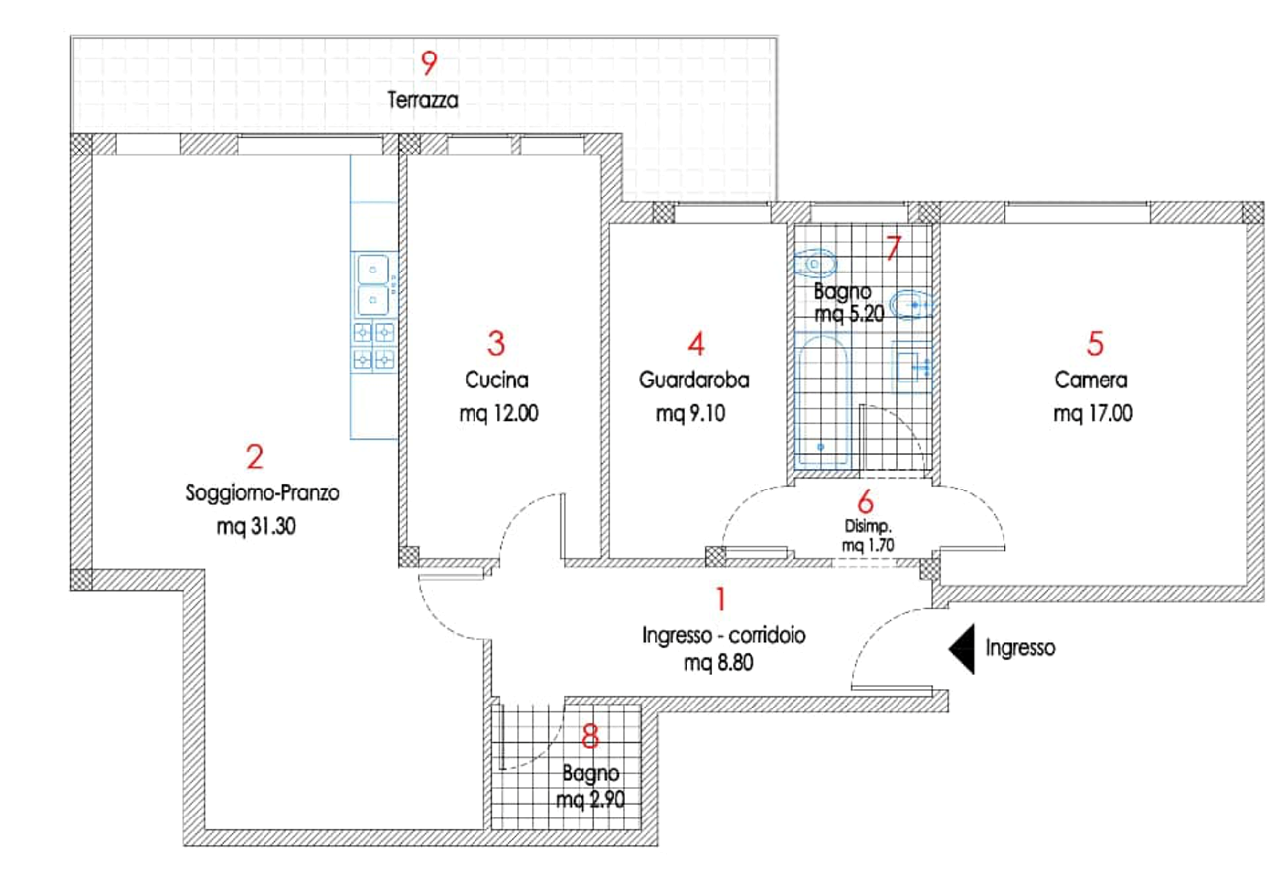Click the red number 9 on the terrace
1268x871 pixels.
tap(429, 62)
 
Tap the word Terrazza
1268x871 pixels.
tap(423, 100)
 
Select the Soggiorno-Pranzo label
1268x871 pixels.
tap(263, 492)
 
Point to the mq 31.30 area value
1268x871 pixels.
tap(257, 527)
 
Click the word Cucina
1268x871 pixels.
tap(496, 380)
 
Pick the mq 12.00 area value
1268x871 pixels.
tap(498, 413)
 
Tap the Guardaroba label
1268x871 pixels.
tap(694, 380)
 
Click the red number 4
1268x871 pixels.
tap(696, 343)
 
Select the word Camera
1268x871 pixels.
tap(1091, 380)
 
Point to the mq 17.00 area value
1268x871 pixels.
tap(1093, 413)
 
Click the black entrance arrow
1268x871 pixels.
tap(962, 649)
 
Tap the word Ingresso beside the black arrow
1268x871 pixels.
tap(1020, 647)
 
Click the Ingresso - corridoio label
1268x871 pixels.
tap(724, 635)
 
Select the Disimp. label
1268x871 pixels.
tap(868, 526)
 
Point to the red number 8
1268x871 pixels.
tap(590, 737)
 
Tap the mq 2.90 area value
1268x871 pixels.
tap(590, 799)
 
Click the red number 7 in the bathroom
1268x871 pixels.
tap(894, 248)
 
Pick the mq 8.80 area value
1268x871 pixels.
tap(718, 662)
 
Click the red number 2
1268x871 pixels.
tap(255, 457)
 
